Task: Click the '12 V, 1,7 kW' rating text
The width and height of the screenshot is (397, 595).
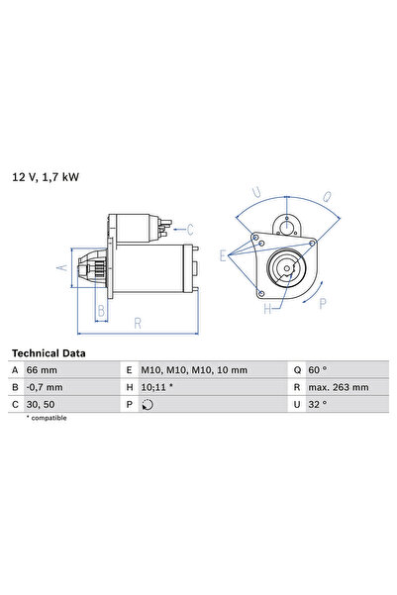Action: (x=46, y=177)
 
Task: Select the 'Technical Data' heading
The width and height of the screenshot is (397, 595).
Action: (x=49, y=353)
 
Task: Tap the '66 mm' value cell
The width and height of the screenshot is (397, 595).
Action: (x=42, y=370)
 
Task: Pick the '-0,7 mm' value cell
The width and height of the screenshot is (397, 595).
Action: (x=45, y=387)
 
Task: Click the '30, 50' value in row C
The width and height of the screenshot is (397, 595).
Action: (x=41, y=405)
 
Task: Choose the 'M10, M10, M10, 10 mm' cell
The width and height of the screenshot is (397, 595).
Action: (x=194, y=370)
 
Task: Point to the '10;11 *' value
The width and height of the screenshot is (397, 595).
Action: (x=157, y=387)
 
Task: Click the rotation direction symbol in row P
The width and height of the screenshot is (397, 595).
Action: (x=148, y=405)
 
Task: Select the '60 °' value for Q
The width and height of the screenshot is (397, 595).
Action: (x=317, y=370)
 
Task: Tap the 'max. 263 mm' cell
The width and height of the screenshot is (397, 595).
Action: (x=339, y=387)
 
